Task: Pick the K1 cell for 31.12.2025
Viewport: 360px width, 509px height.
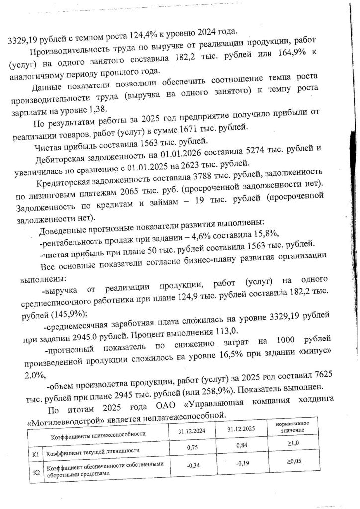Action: pyautogui.click(x=241, y=446)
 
